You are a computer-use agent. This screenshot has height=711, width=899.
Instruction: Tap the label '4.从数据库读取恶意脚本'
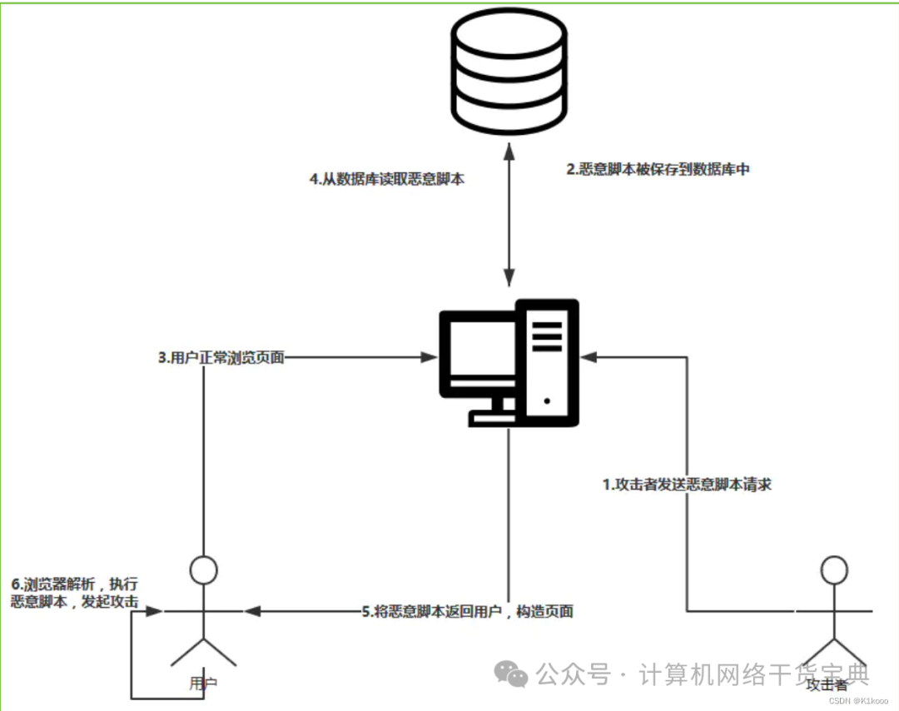click(385, 178)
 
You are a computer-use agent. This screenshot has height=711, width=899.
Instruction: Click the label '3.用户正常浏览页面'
click(221, 358)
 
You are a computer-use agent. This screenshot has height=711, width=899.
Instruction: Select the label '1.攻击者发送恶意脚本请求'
click(686, 484)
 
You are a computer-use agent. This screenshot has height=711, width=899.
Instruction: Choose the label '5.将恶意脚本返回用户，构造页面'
click(467, 611)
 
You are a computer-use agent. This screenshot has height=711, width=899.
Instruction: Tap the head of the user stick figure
click(203, 570)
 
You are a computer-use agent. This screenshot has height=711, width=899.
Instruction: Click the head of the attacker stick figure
click(833, 570)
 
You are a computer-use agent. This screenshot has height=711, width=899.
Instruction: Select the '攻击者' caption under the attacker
click(827, 684)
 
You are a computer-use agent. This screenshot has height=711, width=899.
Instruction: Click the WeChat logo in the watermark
click(510, 673)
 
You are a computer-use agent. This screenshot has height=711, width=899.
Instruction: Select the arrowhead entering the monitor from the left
click(430, 358)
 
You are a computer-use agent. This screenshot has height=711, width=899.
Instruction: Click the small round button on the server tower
click(547, 400)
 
